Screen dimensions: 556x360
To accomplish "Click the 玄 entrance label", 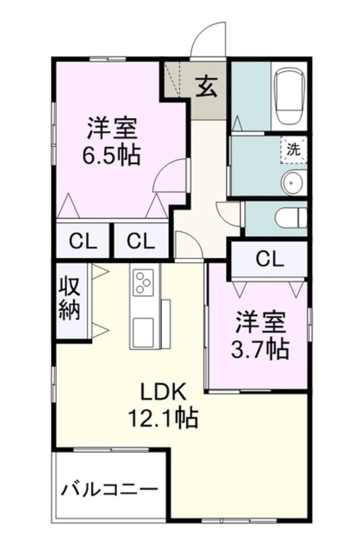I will point(208,87).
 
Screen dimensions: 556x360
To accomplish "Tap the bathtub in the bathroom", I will point(289,97).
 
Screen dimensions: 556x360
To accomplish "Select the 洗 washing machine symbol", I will point(293,149).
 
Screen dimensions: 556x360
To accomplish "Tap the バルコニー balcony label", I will point(109,489).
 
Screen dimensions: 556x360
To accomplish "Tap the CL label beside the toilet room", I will point(270,258).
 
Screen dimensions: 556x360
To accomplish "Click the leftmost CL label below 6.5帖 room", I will point(83,242).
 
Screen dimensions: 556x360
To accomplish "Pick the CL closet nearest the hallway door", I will point(140,242).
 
